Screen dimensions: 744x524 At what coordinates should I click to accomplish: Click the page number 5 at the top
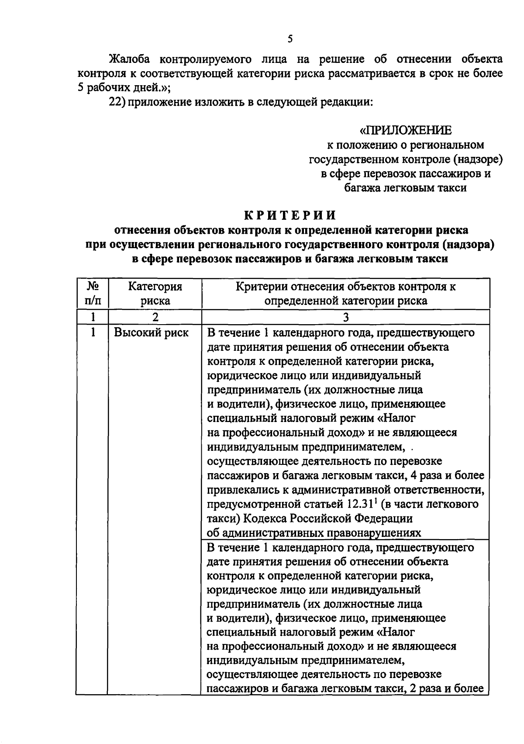(290, 39)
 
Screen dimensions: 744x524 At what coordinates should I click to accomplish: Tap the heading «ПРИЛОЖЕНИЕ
(406, 130)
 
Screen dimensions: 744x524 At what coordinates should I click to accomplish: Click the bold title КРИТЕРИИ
(290, 215)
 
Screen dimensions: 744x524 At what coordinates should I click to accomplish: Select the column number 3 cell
(346, 317)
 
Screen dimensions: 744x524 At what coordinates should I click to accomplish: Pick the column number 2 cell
(155, 317)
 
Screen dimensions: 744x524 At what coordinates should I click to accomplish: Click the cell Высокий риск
(152, 332)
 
